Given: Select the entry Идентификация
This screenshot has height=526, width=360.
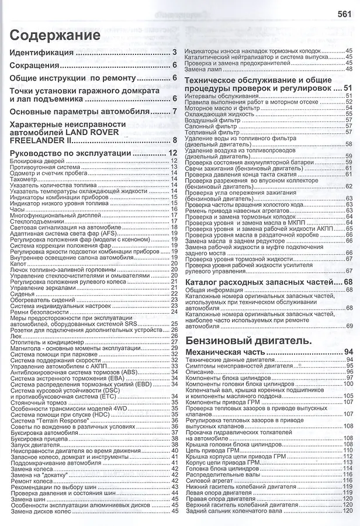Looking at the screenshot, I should [42, 53].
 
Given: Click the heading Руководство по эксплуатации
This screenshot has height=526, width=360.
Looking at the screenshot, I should [71, 153].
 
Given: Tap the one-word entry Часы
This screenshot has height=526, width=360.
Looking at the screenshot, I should [18, 209].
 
